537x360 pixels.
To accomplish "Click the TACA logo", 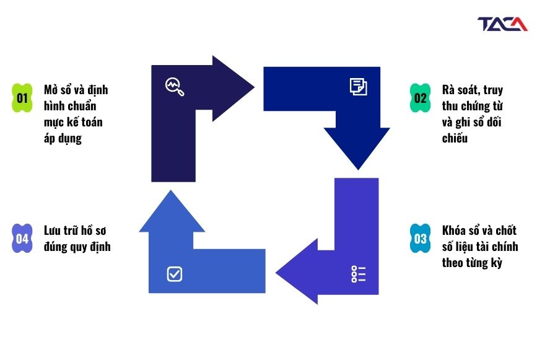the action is pyautogui.click(x=502, y=24).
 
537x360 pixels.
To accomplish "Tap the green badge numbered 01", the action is pyautogui.click(x=22, y=98).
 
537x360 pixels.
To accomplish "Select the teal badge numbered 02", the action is pyautogui.click(x=420, y=98).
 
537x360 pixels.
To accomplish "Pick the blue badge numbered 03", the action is pyautogui.click(x=420, y=239).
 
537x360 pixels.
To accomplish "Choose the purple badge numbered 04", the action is pyautogui.click(x=22, y=239).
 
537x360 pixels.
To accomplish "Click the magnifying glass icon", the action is pyautogui.click(x=175, y=87).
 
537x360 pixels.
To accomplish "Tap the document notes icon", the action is pyautogui.click(x=358, y=86).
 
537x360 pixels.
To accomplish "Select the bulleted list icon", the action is pyautogui.click(x=358, y=274).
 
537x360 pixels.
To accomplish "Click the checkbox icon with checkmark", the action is pyautogui.click(x=175, y=274).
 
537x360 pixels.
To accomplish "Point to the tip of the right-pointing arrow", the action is pyautogui.click(x=254, y=87).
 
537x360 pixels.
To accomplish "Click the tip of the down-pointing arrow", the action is pyautogui.click(x=358, y=170).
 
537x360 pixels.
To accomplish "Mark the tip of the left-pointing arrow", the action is pyautogui.click(x=276, y=273).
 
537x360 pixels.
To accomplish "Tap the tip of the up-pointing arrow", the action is pyautogui.click(x=170, y=190).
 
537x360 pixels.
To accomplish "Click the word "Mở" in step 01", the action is pyautogui.click(x=51, y=90).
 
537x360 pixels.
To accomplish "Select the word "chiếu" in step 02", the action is pyautogui.click(x=455, y=138).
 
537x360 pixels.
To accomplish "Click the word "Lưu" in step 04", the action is pyautogui.click(x=52, y=230).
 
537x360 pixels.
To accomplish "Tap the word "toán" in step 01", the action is pyautogui.click(x=92, y=122).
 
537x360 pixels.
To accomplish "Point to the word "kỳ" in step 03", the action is pyautogui.click(x=496, y=263).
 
